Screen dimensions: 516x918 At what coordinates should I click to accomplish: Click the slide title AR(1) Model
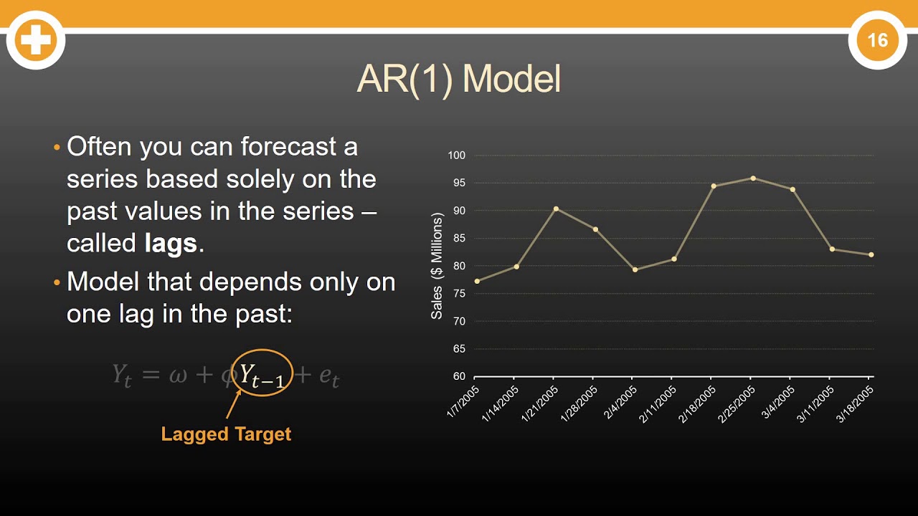click(458, 80)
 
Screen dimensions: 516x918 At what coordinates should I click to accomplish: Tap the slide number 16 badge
click(878, 40)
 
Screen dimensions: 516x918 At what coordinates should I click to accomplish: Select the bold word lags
click(170, 244)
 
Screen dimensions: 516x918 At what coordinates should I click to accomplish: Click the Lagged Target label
click(226, 434)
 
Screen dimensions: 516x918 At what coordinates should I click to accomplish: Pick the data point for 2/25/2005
click(753, 178)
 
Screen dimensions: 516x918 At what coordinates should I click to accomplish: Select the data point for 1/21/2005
click(556, 209)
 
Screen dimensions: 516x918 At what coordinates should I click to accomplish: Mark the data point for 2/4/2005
click(635, 269)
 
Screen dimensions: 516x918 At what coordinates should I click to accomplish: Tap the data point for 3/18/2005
click(871, 254)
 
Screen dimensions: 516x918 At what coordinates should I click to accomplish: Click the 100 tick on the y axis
click(457, 156)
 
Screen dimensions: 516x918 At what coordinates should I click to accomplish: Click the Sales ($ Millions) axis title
click(437, 266)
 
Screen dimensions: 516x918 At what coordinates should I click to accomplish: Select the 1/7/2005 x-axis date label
click(463, 402)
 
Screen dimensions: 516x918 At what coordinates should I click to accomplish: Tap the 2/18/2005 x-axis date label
click(697, 404)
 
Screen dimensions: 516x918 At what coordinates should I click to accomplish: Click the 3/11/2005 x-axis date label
click(815, 404)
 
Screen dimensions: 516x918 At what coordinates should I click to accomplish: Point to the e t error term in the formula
click(328, 376)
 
